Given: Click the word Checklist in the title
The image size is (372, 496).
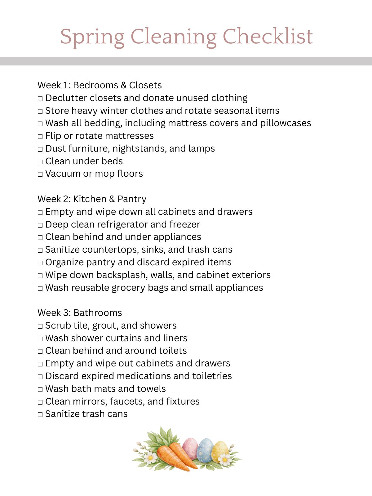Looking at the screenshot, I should [x=268, y=37].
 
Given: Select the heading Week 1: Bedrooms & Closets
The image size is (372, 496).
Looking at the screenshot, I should [x=100, y=85].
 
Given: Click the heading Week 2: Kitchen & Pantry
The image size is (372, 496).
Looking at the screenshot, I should [x=92, y=199].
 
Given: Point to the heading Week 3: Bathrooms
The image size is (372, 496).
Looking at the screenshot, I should [x=80, y=313].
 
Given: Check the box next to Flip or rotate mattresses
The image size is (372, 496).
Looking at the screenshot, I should [x=40, y=136].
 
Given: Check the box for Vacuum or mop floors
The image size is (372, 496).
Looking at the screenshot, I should [x=40, y=174].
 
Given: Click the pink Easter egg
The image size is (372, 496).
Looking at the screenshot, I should [x=190, y=448].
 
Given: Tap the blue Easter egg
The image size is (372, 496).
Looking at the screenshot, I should [x=205, y=449].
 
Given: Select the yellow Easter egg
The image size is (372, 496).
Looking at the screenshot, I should [x=219, y=451].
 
